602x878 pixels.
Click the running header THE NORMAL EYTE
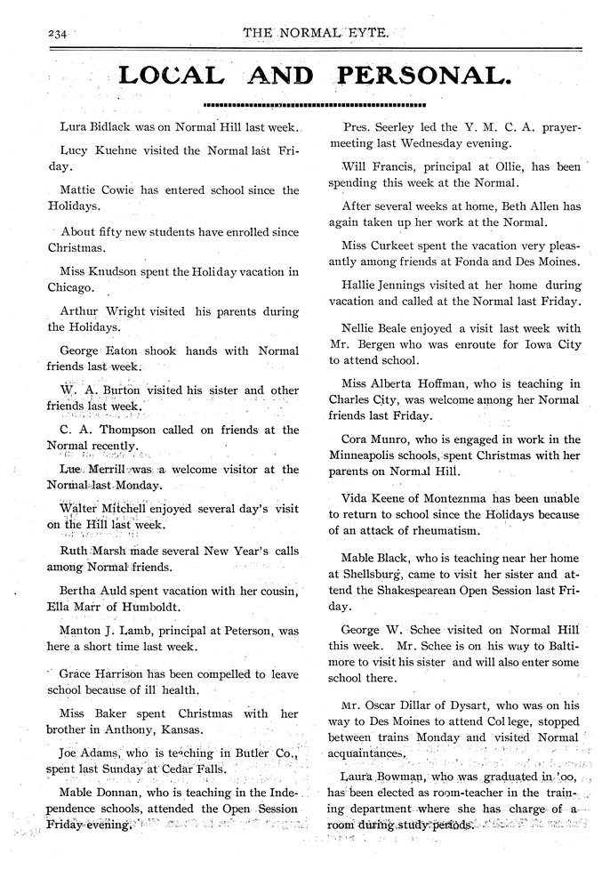click(315, 33)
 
